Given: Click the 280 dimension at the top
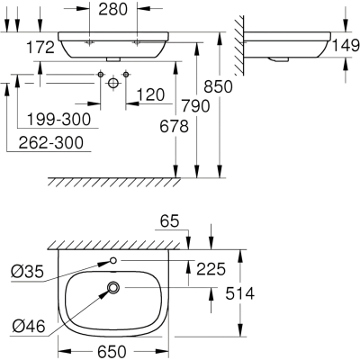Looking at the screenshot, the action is click(113, 10).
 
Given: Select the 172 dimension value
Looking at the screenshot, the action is click(40, 48).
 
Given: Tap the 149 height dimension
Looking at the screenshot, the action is click(346, 45).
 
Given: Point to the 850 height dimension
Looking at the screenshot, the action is click(218, 86).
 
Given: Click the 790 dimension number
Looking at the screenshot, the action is click(195, 106).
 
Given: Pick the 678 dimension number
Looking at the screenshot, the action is click(174, 126).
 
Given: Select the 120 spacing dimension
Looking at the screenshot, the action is click(150, 95).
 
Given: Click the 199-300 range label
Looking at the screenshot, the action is click(58, 119).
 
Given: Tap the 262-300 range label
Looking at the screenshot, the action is click(50, 142).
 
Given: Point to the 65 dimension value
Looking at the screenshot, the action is click(169, 221).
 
